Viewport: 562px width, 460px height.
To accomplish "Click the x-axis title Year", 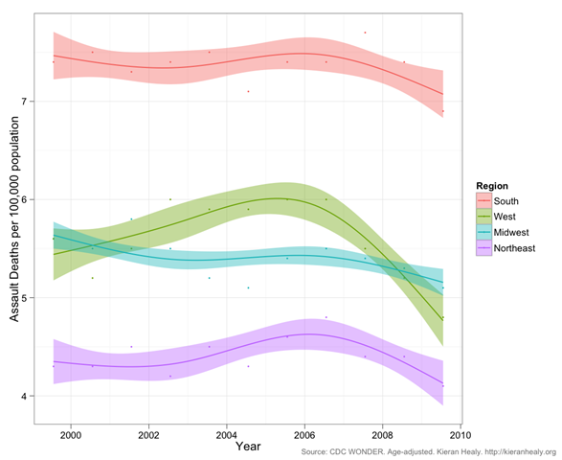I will (248, 447).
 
